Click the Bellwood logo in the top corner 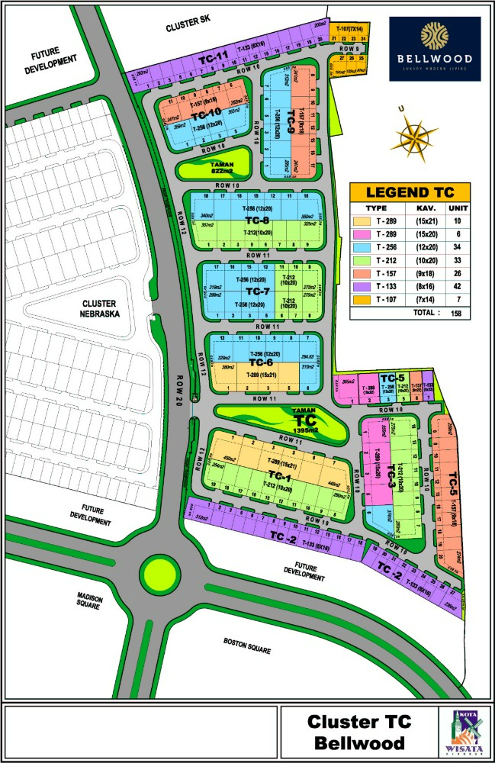[435, 49]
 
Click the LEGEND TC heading [410, 192]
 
